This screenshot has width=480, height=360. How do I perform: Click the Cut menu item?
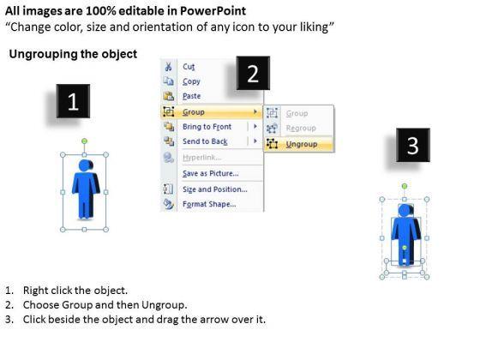pos(189,67)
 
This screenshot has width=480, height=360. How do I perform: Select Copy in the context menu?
pos(191,81)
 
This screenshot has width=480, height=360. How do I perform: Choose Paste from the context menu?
pos(192,96)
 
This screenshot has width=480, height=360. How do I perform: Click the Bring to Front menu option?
pos(207,127)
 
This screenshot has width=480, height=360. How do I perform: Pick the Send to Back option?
pos(205,141)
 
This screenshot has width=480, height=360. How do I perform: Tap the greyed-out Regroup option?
pos(301,128)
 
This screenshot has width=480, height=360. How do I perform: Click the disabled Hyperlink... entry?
pos(201,158)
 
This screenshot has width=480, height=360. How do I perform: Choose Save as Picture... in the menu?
pos(211,173)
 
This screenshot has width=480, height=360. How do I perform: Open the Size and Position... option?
pos(215,189)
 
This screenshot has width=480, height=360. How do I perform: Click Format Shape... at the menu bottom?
pos(209,204)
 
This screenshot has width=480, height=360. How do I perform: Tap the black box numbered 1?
pos(73,101)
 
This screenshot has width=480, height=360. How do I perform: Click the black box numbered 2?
pos(253,73)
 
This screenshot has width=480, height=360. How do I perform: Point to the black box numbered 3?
pos(413,145)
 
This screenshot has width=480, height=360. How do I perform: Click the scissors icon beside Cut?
pos(168,67)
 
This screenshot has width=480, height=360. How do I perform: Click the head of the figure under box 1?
pos(85,165)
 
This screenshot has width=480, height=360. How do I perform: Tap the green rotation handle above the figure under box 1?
pos(85,141)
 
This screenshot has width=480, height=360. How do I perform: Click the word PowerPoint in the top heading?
pos(213,11)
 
